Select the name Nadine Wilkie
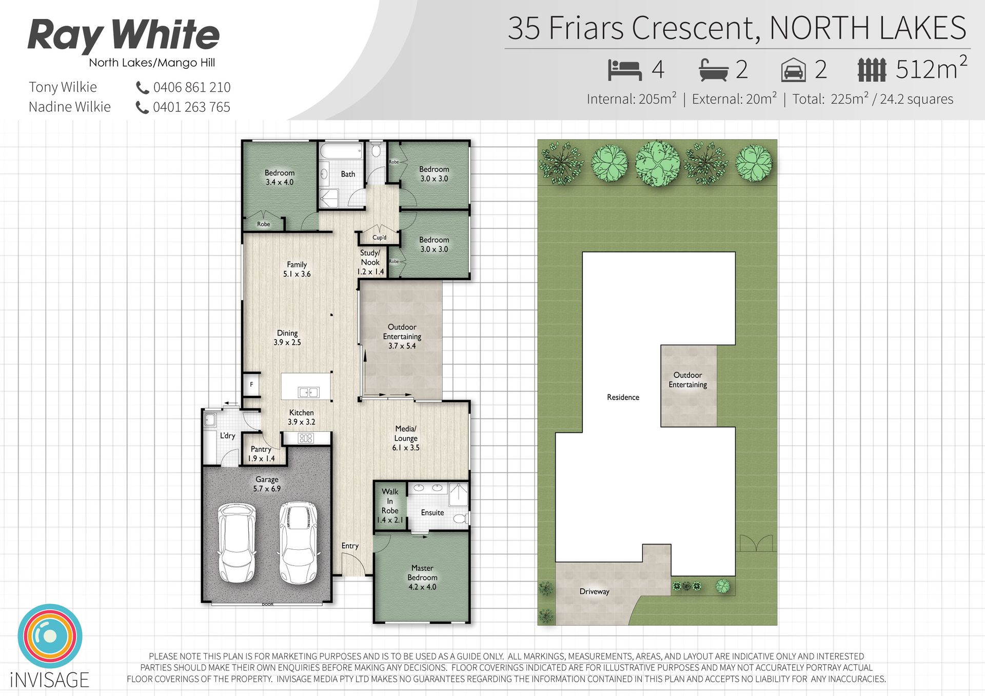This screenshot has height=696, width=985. (70, 107)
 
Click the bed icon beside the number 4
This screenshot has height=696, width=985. (625, 70)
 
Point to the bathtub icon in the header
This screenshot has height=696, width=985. (714, 70)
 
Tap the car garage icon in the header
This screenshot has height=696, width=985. (793, 70)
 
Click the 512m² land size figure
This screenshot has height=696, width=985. (931, 68)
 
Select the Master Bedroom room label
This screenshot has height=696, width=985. (422, 578)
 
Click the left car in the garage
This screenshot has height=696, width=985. (237, 543)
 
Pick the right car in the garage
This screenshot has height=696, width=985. (299, 543)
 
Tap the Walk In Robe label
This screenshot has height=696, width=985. (390, 506)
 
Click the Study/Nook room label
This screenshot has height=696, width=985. (370, 262)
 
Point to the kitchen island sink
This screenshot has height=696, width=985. (308, 392)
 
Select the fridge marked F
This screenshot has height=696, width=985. (251, 384)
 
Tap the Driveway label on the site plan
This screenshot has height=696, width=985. (595, 591)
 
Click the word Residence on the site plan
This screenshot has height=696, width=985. (623, 397)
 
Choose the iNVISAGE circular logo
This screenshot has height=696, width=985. (50, 636)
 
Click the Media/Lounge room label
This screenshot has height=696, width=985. (406, 438)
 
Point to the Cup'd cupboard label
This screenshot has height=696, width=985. (380, 237)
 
